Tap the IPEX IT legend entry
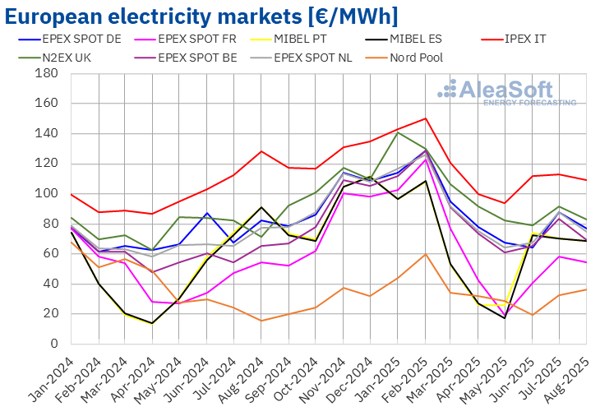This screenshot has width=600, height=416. click(523, 38)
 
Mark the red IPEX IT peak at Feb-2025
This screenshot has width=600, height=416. click(426, 118)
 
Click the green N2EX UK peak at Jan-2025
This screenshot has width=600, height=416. click(399, 132)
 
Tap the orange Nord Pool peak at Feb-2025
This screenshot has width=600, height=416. click(426, 254)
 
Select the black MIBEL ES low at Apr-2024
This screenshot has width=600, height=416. click(152, 323)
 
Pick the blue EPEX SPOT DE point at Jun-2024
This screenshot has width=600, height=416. click(207, 213)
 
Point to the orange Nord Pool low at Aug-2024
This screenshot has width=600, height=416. click(261, 321)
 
